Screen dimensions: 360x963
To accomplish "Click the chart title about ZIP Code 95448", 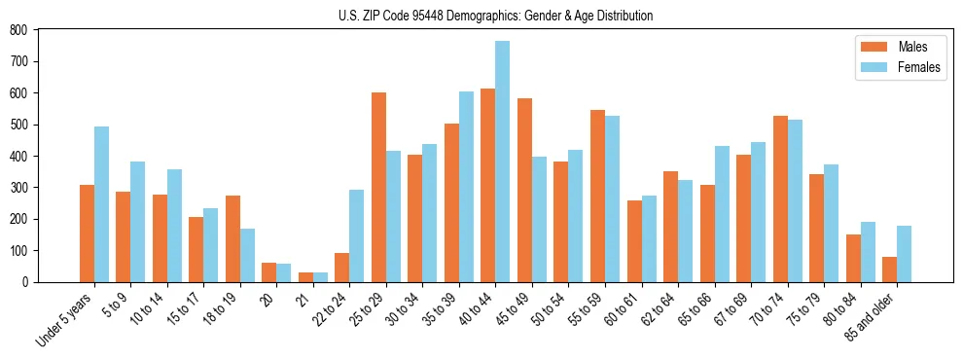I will tap(481, 16).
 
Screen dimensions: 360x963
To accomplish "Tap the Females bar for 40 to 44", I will tap(502, 162).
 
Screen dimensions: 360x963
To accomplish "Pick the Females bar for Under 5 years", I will tap(101, 204).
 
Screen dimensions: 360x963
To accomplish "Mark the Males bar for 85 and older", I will tap(889, 269).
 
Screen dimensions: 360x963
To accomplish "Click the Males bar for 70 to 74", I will tap(780, 198).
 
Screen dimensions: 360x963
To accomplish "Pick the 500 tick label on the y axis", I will tap(19, 125).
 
